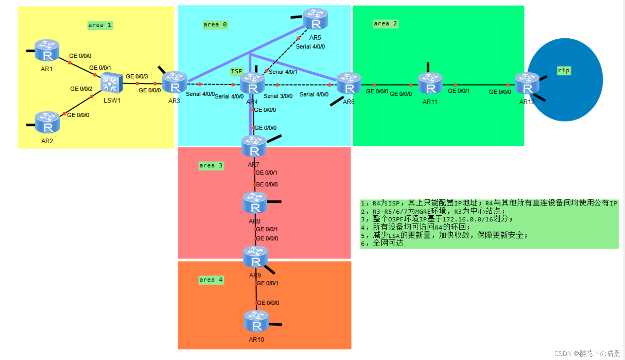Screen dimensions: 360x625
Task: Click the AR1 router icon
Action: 47,50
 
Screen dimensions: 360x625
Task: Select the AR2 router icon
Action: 47,122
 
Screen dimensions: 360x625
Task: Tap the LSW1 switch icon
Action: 111,83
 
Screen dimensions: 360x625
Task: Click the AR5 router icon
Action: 316,19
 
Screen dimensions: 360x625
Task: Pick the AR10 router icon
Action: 256,321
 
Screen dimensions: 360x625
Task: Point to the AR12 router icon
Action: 527,84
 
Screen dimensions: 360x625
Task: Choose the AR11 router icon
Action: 430,84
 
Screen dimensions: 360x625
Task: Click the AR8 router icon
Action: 255,203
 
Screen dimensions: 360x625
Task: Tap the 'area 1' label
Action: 100,25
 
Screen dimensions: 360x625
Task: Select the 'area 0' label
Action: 215,25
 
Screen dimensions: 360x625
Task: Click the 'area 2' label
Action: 386,24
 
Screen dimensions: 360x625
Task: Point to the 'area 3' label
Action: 211,166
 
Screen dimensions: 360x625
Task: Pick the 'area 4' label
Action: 211,280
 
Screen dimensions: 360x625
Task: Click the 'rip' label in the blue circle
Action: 564,71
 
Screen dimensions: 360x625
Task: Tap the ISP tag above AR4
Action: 236,71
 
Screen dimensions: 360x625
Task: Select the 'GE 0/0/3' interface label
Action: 137,76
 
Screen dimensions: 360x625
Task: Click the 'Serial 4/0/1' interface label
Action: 283,72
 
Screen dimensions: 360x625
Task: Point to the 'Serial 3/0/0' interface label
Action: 278,96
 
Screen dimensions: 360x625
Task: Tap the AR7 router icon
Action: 254,146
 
